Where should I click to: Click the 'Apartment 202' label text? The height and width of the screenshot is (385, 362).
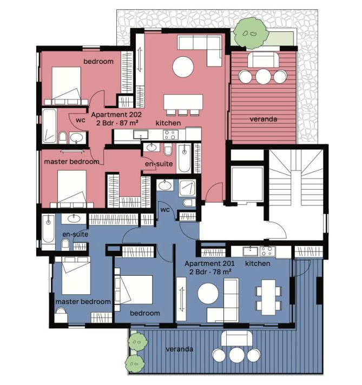coord(116,115)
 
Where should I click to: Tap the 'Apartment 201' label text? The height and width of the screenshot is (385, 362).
coord(209,264)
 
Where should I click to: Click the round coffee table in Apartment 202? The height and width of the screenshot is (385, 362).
coord(183,67)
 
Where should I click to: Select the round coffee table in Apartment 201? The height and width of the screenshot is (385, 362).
coord(208,294)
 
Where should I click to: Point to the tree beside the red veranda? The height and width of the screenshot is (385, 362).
coord(251,32)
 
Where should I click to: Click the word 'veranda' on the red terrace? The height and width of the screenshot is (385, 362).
coord(263,119)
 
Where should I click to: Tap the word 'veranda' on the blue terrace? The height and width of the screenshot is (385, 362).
coord(180,349)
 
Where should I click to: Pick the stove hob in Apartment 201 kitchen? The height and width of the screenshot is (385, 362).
coord(267,251)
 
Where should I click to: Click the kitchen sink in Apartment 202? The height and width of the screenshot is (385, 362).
coord(141,135)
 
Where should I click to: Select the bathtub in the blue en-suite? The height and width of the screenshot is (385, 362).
coord(48,229)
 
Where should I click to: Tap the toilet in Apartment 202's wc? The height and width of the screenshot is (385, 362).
coord(63,136)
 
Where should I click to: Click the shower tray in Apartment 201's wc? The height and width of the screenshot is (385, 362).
coord(188,188)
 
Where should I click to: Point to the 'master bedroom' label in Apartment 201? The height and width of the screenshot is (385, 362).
coord(83,302)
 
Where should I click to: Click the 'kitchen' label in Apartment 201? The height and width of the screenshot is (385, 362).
coord(258,263)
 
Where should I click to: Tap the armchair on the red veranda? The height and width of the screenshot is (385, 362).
coord(263,60)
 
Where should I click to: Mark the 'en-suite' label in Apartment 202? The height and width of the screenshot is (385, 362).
coord(159,164)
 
